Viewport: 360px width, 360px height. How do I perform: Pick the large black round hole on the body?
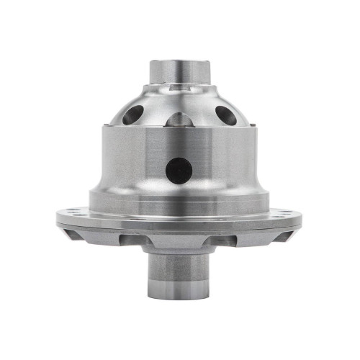click(179, 171)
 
